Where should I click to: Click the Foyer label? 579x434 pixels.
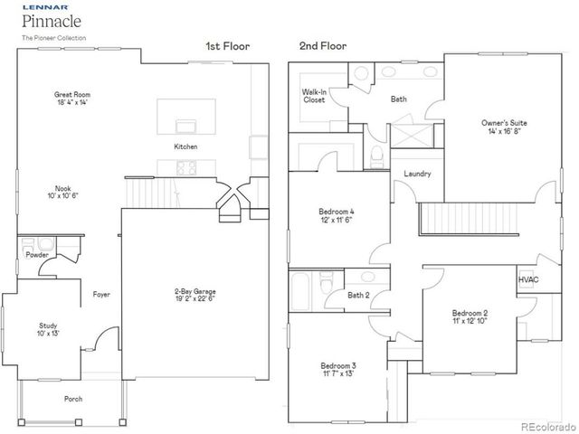(x=100, y=294)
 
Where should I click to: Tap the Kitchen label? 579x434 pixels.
(x=186, y=146)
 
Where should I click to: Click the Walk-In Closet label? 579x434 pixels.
(x=314, y=96)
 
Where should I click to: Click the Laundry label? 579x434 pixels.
(x=417, y=174)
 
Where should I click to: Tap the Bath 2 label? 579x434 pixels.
(x=358, y=295)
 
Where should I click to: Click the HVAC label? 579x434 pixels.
(x=528, y=280)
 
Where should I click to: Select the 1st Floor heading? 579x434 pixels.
(x=228, y=45)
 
